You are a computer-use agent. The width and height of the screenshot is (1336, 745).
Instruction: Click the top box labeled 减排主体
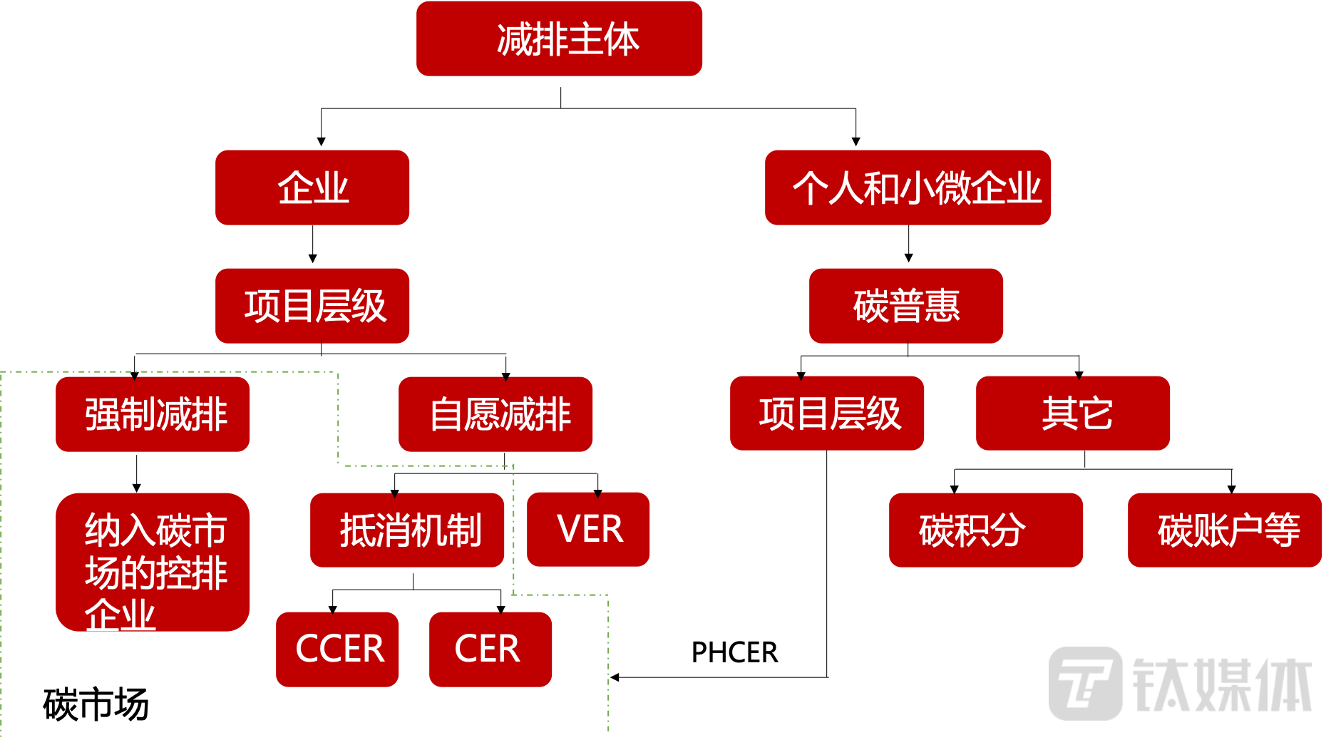[x=559, y=38]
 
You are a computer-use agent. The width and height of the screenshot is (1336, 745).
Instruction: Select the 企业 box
[x=312, y=187]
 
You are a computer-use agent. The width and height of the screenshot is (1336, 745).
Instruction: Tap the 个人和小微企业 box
[x=908, y=187]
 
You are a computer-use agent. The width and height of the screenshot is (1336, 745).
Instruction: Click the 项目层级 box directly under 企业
[x=312, y=306]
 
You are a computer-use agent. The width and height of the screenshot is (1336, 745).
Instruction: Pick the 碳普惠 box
[x=906, y=306]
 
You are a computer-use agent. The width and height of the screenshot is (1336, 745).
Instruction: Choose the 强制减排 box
[x=153, y=414]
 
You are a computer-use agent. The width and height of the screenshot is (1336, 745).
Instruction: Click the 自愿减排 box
[x=495, y=414]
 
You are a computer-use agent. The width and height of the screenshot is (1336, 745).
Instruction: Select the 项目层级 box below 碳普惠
[x=827, y=413]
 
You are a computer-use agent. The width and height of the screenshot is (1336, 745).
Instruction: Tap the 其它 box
[x=1073, y=413]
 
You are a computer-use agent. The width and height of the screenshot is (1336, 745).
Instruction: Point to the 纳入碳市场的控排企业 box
[x=153, y=562]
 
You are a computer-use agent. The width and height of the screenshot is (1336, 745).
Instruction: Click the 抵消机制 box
[x=407, y=530]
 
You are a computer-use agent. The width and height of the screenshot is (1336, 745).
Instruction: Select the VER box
[x=588, y=530]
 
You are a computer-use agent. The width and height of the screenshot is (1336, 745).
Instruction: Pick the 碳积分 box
[x=986, y=530]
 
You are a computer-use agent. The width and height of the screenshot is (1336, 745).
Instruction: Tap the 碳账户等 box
[x=1225, y=530]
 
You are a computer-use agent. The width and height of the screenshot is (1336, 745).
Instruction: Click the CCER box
[x=337, y=649]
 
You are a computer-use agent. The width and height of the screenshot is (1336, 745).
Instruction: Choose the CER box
[x=490, y=649]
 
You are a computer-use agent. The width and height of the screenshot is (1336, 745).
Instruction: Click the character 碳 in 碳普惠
[x=870, y=307]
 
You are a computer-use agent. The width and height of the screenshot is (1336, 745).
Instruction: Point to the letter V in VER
[x=569, y=530]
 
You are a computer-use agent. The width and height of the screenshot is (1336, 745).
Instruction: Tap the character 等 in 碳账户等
[x=1283, y=530]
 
